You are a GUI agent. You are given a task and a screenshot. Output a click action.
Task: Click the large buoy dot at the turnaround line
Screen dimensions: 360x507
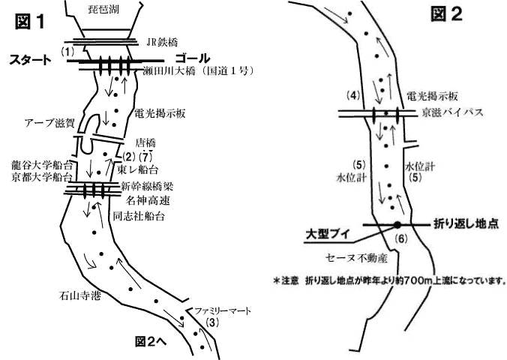click(x=397, y=223)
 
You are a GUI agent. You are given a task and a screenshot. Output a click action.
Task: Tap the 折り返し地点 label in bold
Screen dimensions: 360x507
click(x=466, y=223)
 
